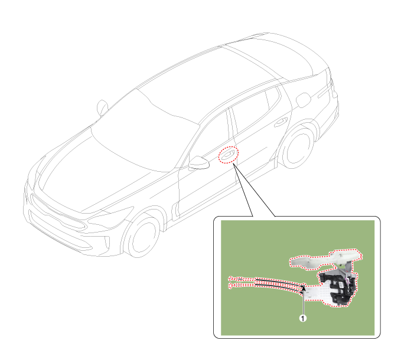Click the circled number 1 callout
(303, 318)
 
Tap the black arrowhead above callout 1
(304, 288)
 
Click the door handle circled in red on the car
(228, 155)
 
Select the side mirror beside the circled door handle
(199, 162)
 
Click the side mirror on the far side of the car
(102, 107)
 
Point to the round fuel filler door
(303, 100)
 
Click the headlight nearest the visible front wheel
(111, 217)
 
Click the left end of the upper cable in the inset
(230, 279)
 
